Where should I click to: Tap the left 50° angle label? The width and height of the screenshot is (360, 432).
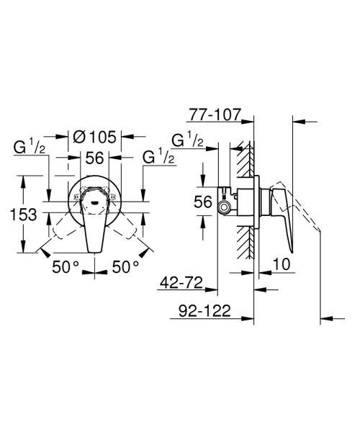tap(66, 267)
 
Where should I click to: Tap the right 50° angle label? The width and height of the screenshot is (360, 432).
tap(125, 267)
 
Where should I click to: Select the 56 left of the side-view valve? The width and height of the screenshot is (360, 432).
tap(205, 202)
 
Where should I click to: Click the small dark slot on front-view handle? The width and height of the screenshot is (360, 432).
tap(95, 202)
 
